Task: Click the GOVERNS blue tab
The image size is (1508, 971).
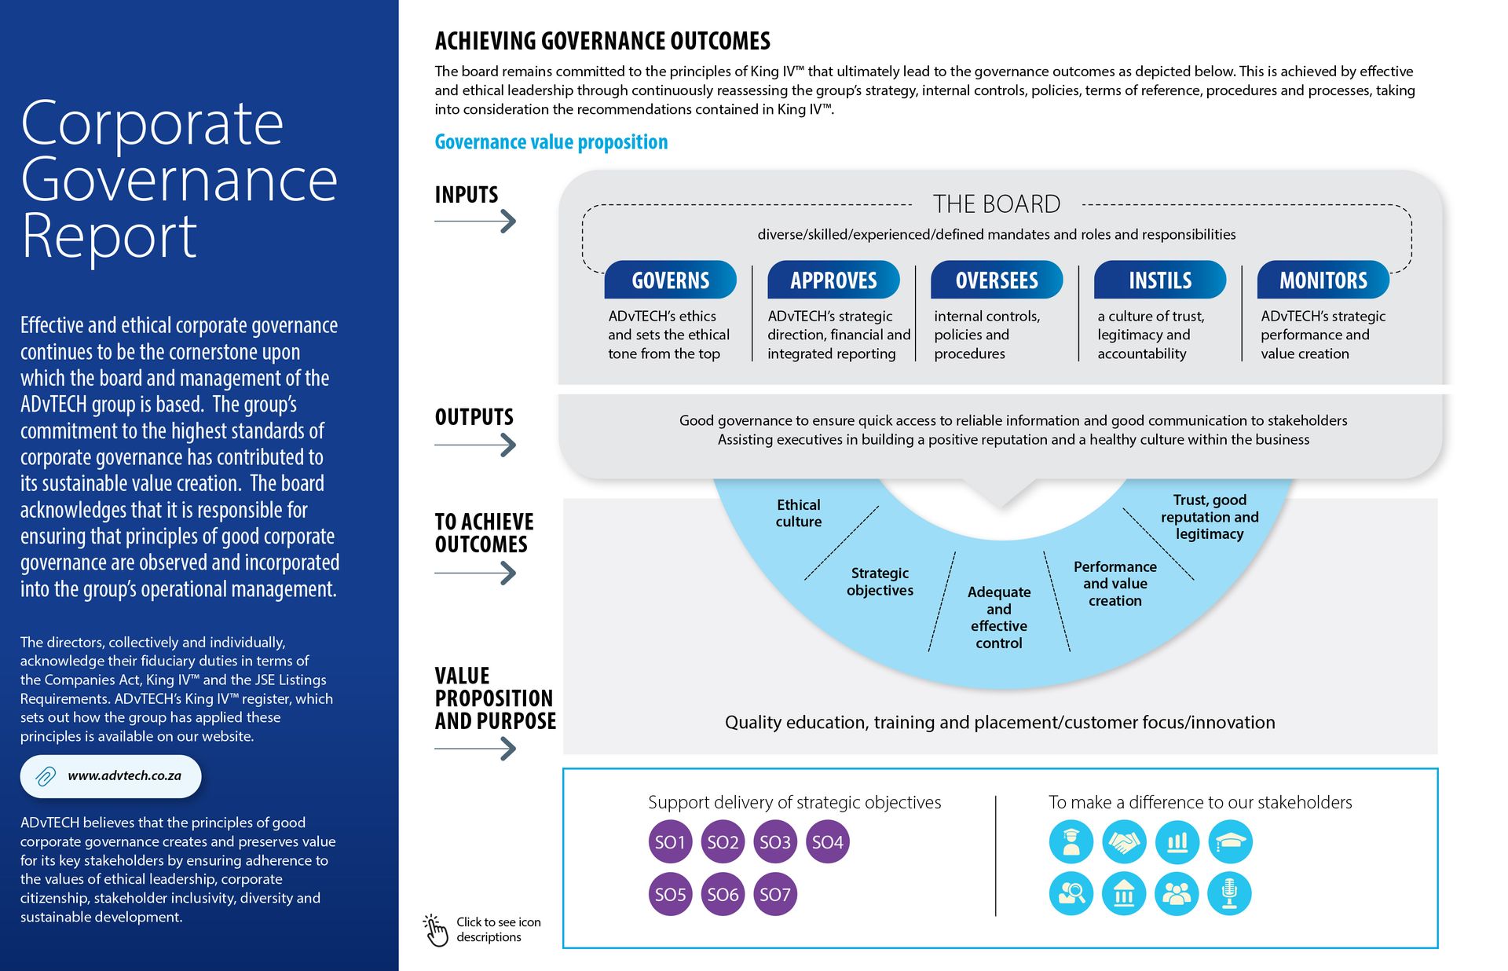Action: coord(670,280)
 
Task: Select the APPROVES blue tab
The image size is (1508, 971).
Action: coord(833,280)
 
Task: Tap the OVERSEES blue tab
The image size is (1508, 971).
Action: coord(997,280)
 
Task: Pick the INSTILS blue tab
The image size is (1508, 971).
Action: coord(1160,280)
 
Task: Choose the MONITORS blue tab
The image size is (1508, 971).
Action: coord(1323,280)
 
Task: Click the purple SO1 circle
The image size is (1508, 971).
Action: coord(670,842)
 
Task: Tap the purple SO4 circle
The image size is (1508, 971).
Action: coord(827,842)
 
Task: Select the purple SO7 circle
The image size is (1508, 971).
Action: coord(774,894)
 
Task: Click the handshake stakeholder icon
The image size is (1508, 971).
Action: coord(1124,842)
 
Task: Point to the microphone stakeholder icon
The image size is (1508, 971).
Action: coord(1229,894)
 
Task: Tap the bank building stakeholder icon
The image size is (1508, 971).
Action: coord(1124,894)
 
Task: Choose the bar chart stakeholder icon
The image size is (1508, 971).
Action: coord(1177,842)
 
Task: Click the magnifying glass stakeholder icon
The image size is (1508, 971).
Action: coord(1071,894)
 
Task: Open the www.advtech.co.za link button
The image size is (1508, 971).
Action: coord(111,776)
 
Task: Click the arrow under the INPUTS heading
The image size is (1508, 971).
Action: coord(476,222)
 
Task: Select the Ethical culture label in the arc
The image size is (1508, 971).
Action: coord(798,513)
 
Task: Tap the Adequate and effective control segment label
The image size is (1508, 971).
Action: coord(998,617)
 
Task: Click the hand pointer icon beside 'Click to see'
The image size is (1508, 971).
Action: coord(435,930)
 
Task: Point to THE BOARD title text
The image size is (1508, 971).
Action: coord(996,204)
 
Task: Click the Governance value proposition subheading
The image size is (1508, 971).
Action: coord(551,142)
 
